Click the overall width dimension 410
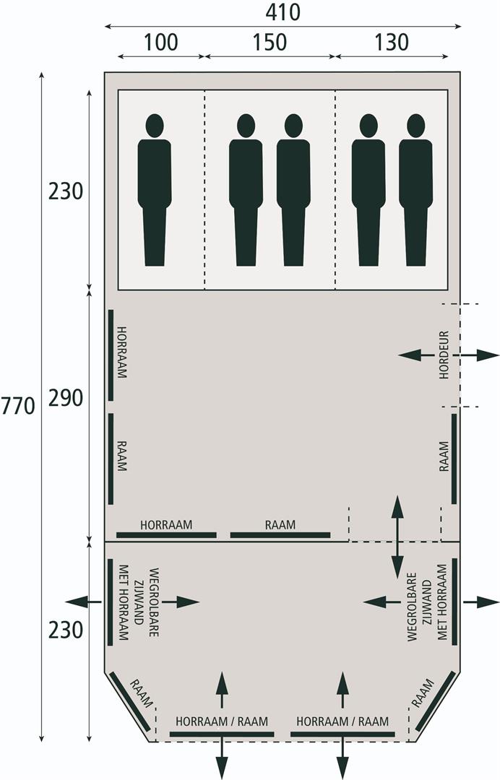tap(283, 12)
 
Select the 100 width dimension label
tap(160, 43)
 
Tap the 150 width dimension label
tap(270, 43)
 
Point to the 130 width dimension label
tap(392, 43)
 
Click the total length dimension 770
tap(18, 406)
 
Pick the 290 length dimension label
tap(65, 398)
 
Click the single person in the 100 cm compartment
tap(154, 190)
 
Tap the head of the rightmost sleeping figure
tap(415, 126)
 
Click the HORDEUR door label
tap(444, 355)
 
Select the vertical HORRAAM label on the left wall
tap(121, 352)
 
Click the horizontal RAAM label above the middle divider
tap(280, 524)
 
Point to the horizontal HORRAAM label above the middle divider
tap(166, 524)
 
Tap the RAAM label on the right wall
tap(444, 456)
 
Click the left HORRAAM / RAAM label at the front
tap(222, 721)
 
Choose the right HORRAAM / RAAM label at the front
tap(342, 721)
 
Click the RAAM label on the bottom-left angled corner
tap(141, 693)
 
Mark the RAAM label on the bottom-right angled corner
tap(423, 693)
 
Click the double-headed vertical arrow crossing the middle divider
tap(397, 537)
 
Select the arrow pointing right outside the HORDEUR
tap(476, 355)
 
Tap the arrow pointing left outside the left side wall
tap(84, 602)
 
